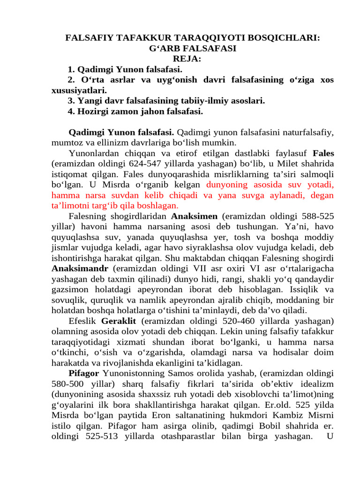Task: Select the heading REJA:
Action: pyautogui.click(x=187, y=59)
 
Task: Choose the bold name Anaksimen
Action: pyautogui.click(x=194, y=216)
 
